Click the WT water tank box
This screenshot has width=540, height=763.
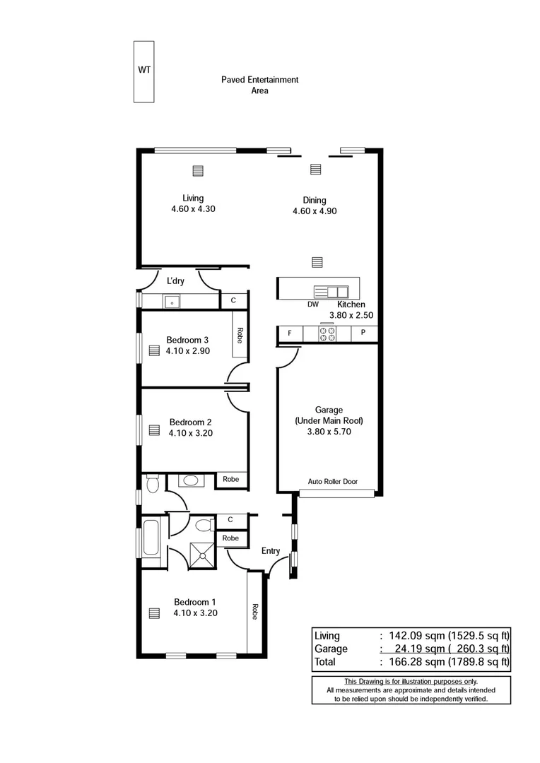[144, 71]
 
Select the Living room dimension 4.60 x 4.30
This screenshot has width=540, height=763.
[192, 209]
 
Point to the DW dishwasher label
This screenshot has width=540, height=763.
[313, 304]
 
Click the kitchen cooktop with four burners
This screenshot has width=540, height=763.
[327, 333]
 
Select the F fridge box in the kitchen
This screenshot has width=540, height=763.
[289, 333]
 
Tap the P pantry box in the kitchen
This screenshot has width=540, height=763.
[363, 333]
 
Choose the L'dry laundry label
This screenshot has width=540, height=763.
[175, 281]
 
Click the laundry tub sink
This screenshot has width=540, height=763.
[172, 302]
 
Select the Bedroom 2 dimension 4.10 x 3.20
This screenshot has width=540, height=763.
[190, 434]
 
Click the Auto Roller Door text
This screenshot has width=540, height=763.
[332, 482]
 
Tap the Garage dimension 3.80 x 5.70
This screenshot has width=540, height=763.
[329, 431]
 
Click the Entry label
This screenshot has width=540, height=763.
[271, 551]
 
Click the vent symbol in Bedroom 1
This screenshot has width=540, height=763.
[154, 613]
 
